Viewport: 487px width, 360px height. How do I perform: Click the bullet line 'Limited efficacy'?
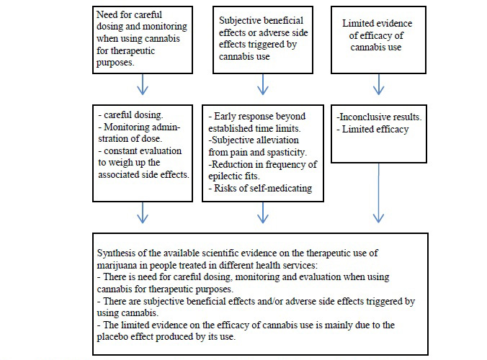pyautogui.click(x=373, y=129)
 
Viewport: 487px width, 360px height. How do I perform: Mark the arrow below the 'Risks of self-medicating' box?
pyautogui.click(x=263, y=212)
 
